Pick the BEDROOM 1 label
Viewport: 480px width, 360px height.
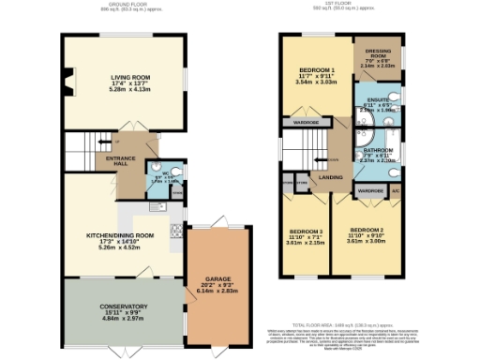pos(309,71)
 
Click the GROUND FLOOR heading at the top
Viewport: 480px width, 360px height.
pos(119,3)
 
